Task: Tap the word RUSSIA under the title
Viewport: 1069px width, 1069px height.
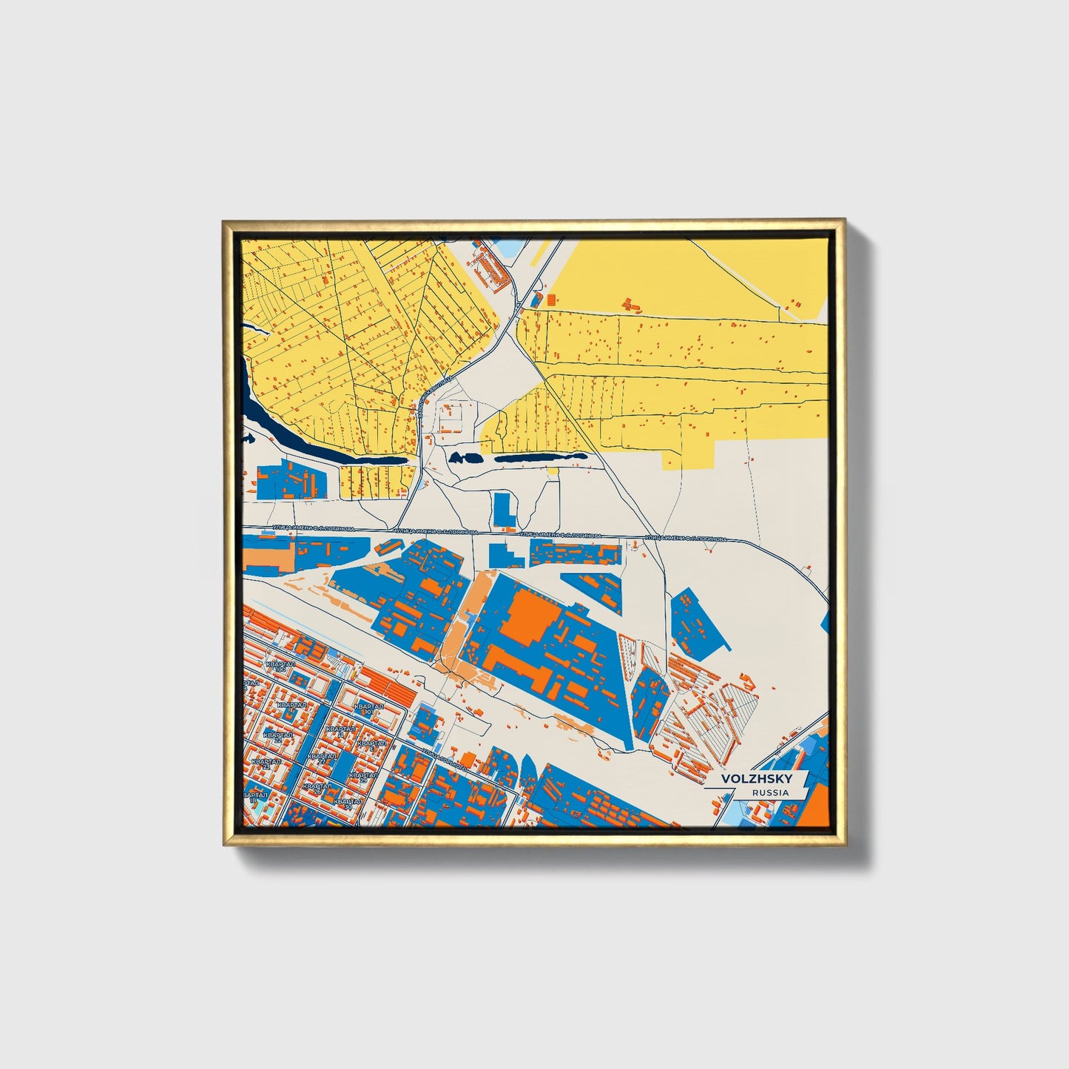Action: pyautogui.click(x=769, y=792)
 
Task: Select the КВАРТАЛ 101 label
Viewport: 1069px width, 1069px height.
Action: pyautogui.click(x=368, y=709)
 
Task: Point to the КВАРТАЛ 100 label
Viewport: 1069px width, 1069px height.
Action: pyautogui.click(x=280, y=666)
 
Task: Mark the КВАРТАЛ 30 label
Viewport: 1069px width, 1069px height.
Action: pyautogui.click(x=348, y=803)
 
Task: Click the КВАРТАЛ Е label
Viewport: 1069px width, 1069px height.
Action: pyautogui.click(x=371, y=744)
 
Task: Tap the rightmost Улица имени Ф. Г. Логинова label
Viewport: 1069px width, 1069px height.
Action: pyautogui.click(x=686, y=539)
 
